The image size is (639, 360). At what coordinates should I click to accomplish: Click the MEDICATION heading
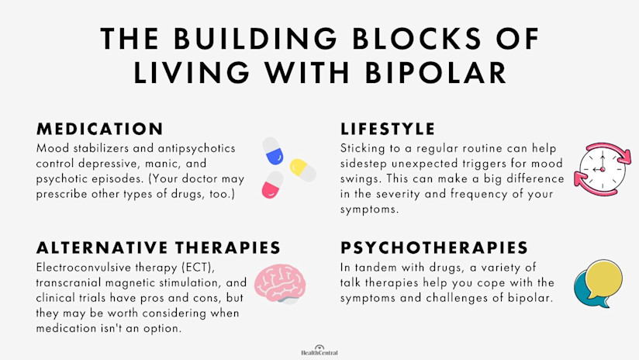coord(99,129)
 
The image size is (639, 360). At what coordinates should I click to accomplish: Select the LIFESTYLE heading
coord(388,129)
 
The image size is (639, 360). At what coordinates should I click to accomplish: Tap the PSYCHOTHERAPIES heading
coord(434,247)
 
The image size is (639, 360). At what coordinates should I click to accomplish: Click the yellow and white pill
coord(302,168)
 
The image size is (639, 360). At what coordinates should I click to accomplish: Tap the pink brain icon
coord(278,281)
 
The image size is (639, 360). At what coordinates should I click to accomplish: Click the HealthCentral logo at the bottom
coord(319,351)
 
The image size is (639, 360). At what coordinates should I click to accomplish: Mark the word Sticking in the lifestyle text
coord(365,147)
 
